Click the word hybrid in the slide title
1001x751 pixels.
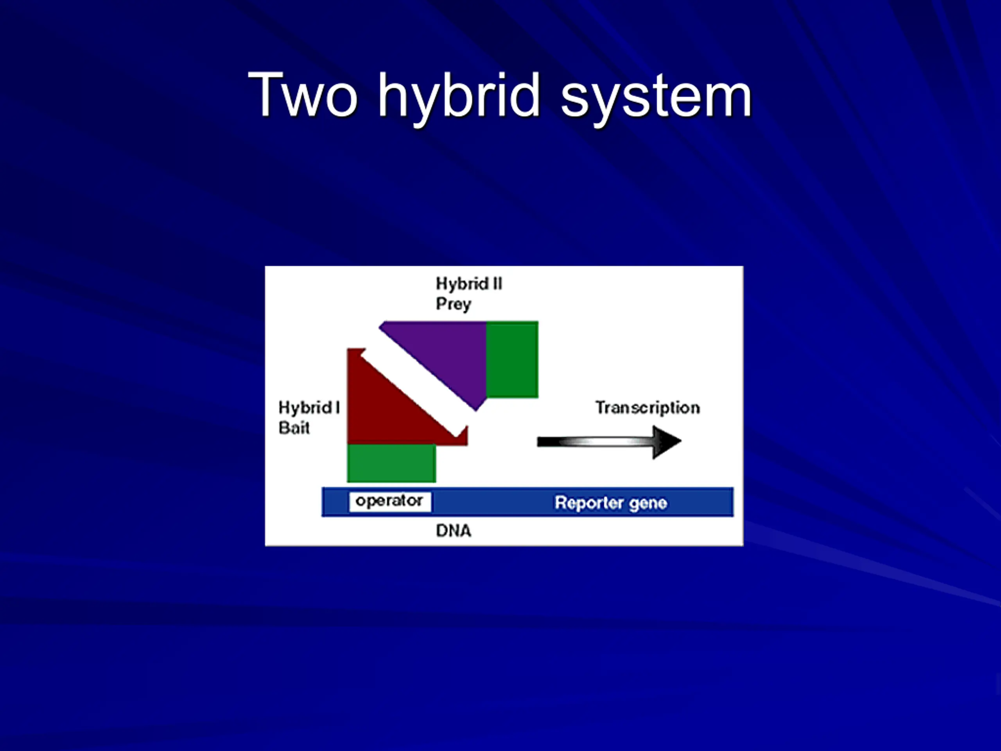click(x=459, y=100)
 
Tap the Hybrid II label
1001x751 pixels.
click(x=469, y=284)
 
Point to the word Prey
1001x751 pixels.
click(x=454, y=304)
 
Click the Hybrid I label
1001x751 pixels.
click(x=309, y=408)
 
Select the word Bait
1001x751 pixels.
click(x=294, y=428)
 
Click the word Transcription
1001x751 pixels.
click(x=648, y=408)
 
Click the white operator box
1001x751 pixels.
click(x=389, y=501)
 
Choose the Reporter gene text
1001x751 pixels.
click(x=611, y=503)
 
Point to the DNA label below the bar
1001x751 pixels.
click(x=454, y=530)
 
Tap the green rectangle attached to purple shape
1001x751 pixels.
click(x=512, y=359)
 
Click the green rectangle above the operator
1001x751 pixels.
click(x=391, y=463)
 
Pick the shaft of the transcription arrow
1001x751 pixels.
click(x=595, y=442)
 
